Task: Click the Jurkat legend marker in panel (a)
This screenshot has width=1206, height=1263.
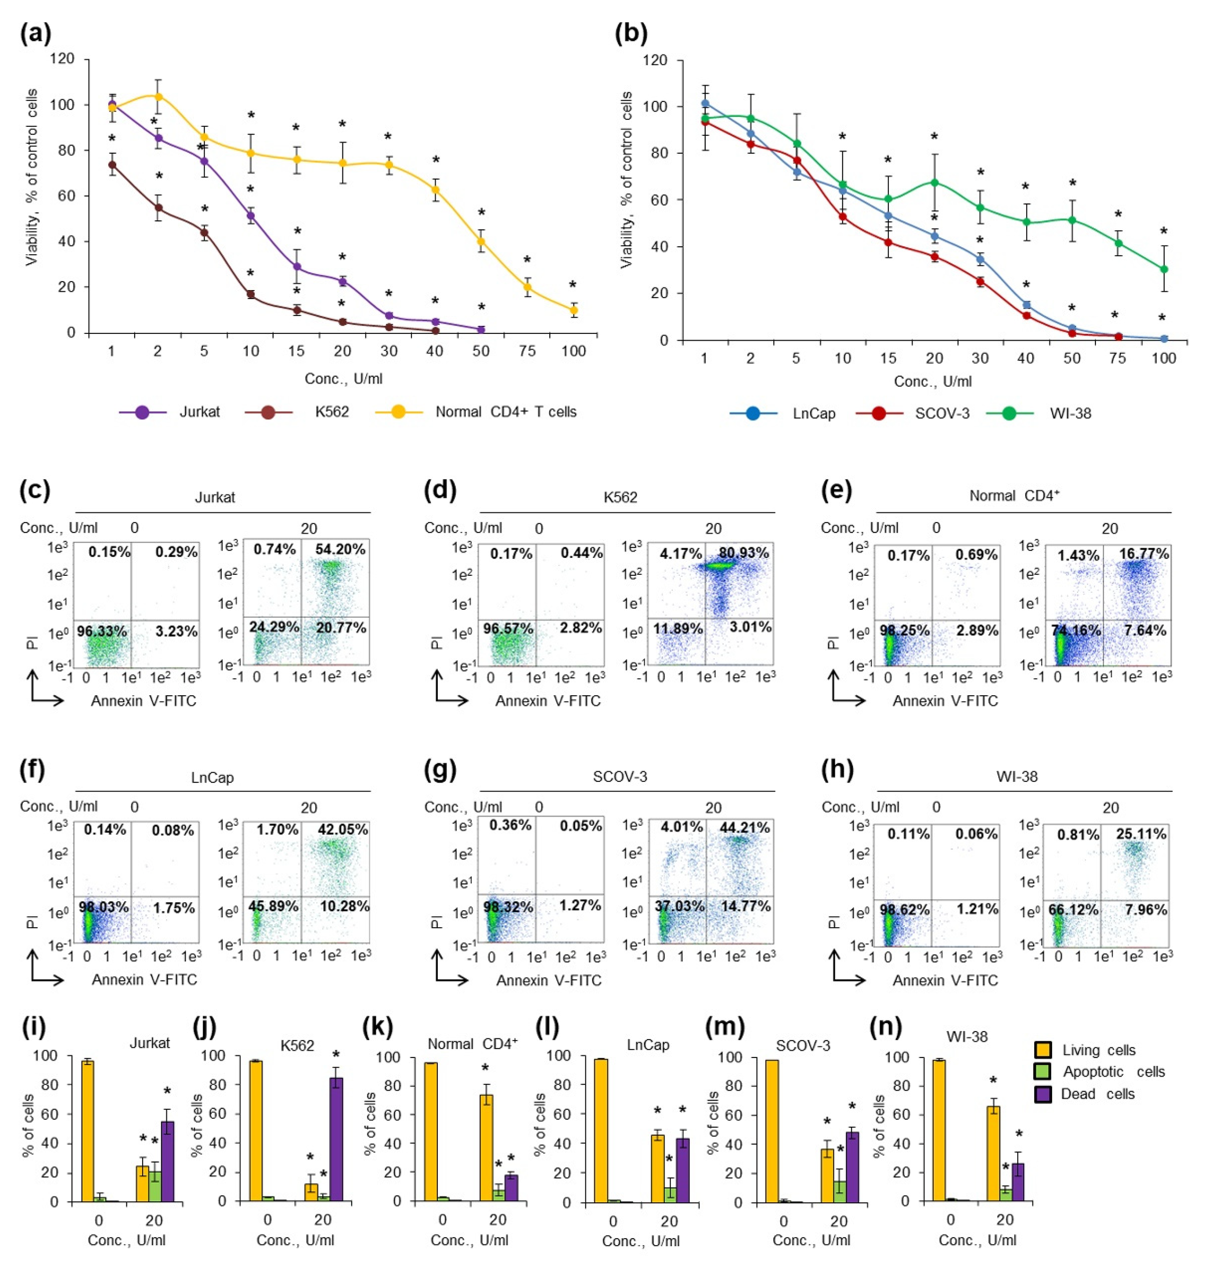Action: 142,412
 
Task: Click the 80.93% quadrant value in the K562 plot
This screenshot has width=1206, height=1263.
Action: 744,553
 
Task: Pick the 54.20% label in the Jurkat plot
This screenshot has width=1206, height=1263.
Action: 340,549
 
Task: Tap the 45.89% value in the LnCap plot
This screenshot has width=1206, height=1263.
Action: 274,906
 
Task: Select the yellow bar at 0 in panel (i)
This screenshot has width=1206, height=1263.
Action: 87,1131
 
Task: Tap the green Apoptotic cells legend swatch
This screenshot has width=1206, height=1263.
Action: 1043,1072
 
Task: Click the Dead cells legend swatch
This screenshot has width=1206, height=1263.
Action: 1043,1094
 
